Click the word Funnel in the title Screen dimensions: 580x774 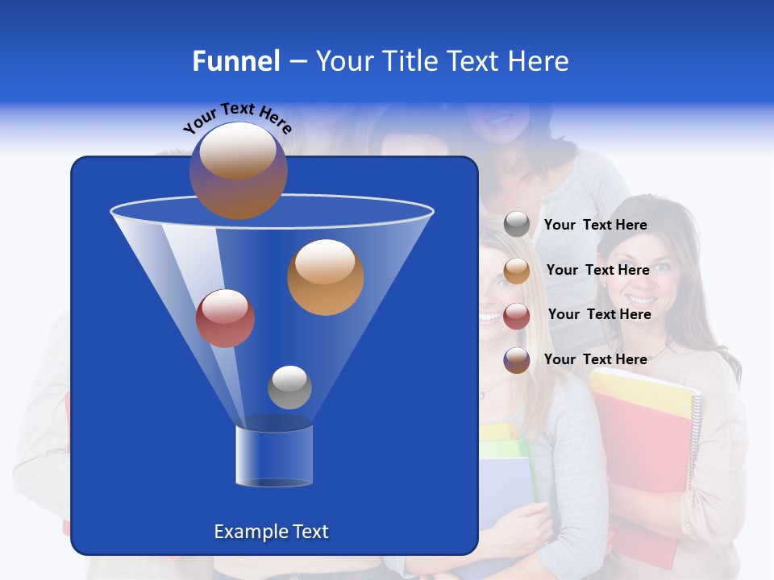pos(235,61)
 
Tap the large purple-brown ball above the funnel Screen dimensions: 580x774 pos(238,170)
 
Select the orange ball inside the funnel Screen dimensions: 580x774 pos(325,277)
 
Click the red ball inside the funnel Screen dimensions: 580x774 pos(225,318)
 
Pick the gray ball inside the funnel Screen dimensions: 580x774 pos(289,387)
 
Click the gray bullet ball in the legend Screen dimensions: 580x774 pos(517,225)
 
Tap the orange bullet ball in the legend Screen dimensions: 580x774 pos(517,271)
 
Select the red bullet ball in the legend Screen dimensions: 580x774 pos(517,316)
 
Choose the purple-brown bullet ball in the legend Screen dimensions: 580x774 pos(517,360)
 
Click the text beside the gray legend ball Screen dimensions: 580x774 pos(595,225)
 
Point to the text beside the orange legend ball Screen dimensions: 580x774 pos(597,270)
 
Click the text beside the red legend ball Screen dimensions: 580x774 pos(599,314)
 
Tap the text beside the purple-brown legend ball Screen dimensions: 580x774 pos(595,359)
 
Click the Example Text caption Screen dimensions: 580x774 pos(271,532)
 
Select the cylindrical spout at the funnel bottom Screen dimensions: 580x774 pos(273,456)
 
